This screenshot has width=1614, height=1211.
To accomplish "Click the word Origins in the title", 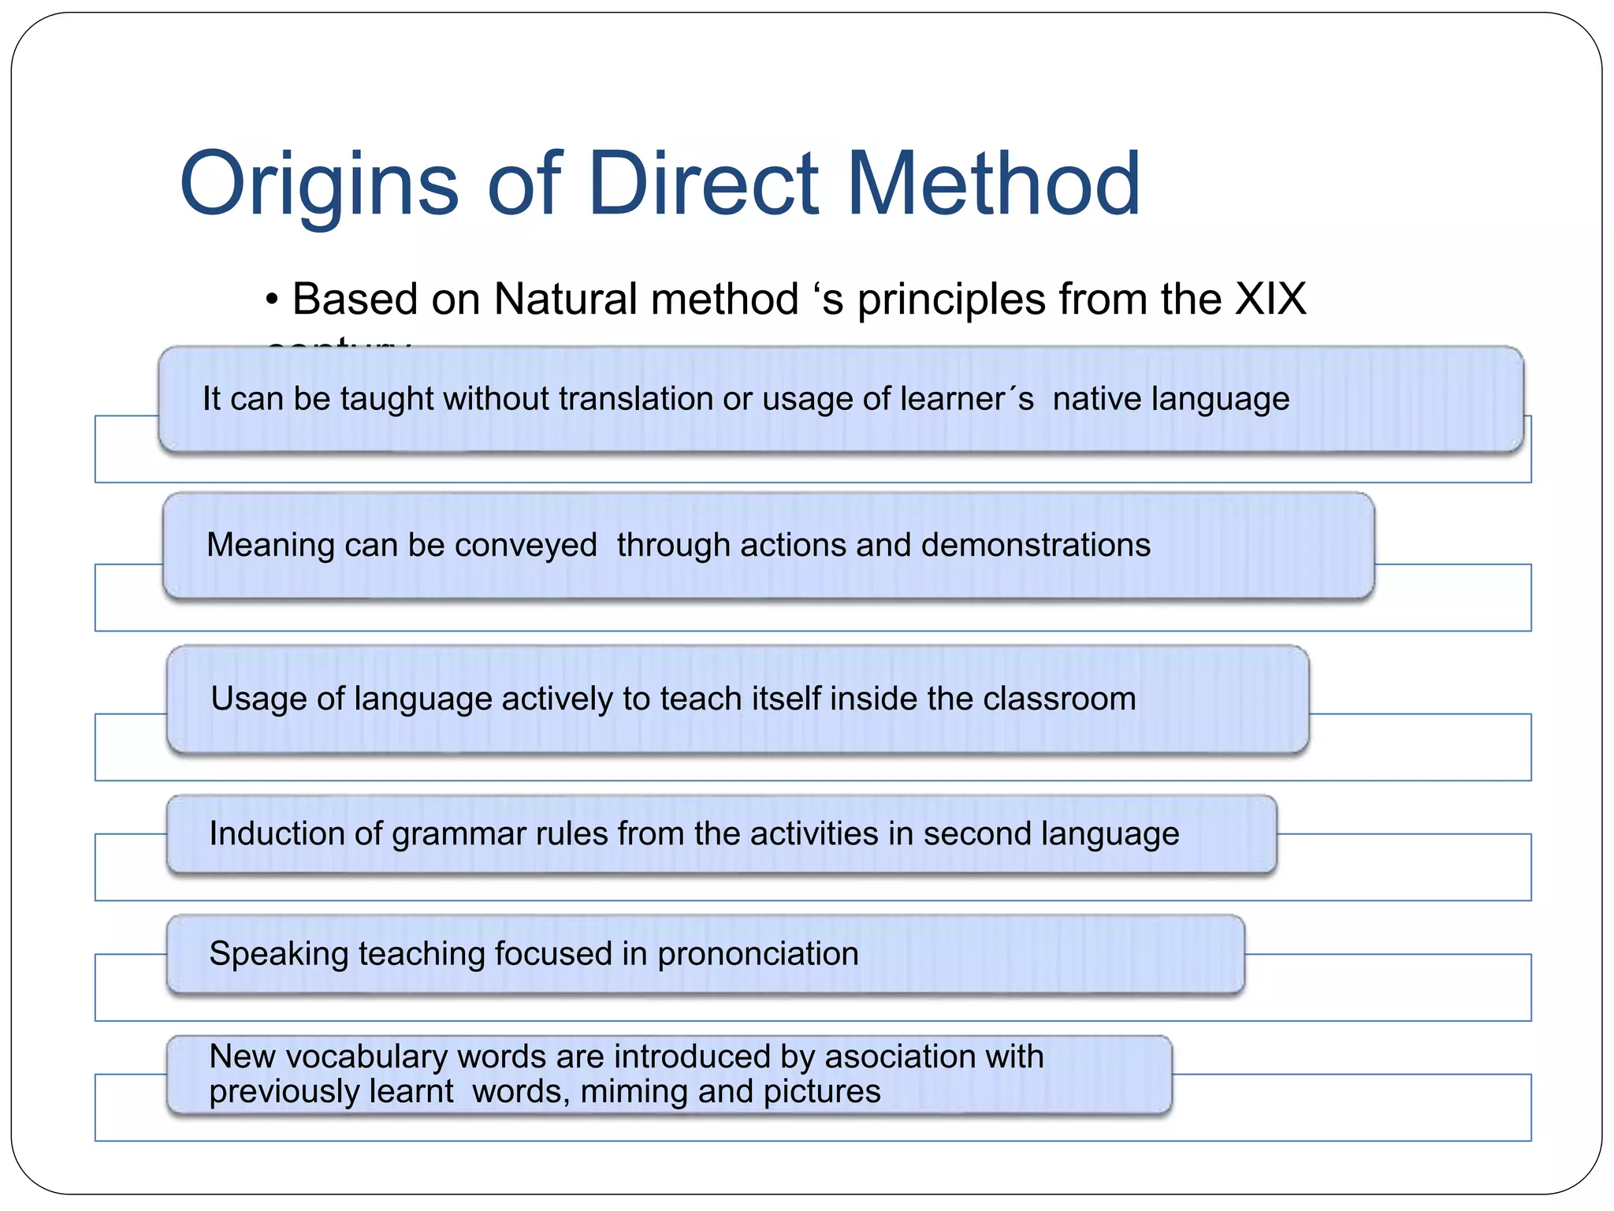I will coord(319,185).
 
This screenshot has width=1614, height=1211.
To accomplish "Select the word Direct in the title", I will coord(703,185).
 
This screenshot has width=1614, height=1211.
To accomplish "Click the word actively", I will coord(557,699).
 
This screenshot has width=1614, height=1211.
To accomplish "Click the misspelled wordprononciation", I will coord(757,955).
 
